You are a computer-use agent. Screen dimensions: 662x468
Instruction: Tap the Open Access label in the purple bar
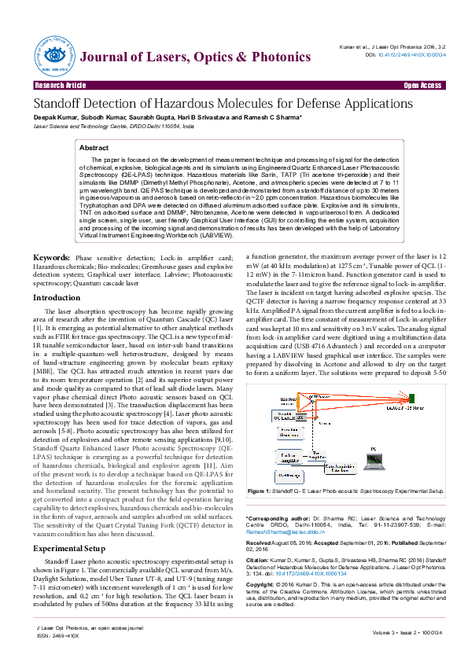coord(422,85)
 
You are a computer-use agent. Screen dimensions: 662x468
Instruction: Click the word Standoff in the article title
coord(61,104)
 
